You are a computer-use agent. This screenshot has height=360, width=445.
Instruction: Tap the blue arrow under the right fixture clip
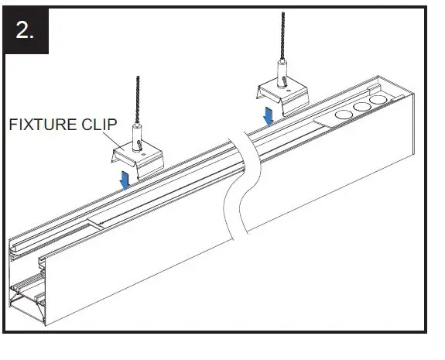pos(268,115)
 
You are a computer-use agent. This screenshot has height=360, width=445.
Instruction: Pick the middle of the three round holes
pos(359,108)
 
